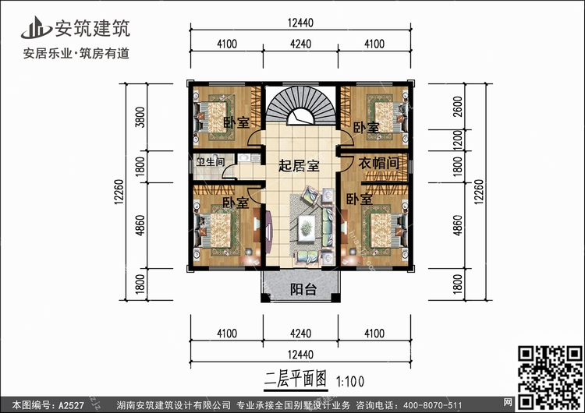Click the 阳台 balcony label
click(303, 289)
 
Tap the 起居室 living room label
click(299, 166)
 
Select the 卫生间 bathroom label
click(211, 162)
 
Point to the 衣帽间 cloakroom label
click(378, 163)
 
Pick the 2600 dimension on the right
click(458, 107)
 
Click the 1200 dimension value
click(458, 140)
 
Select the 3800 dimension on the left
click(140, 117)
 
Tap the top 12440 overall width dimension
click(300, 23)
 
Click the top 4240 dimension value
click(301, 44)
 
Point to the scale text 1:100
click(350, 382)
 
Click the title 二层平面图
click(296, 379)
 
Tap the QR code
click(550, 377)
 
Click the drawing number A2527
click(71, 405)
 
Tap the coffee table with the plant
click(307, 226)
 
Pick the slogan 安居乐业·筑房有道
click(76, 53)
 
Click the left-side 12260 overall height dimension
click(119, 192)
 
